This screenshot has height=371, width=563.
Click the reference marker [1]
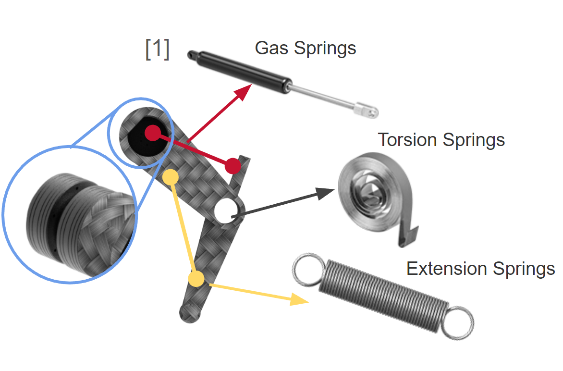157,49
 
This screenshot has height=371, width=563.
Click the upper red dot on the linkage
152,133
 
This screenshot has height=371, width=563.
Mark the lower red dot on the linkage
233,165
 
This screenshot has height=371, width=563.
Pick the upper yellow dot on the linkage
171,177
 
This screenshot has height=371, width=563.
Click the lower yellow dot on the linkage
196,278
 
